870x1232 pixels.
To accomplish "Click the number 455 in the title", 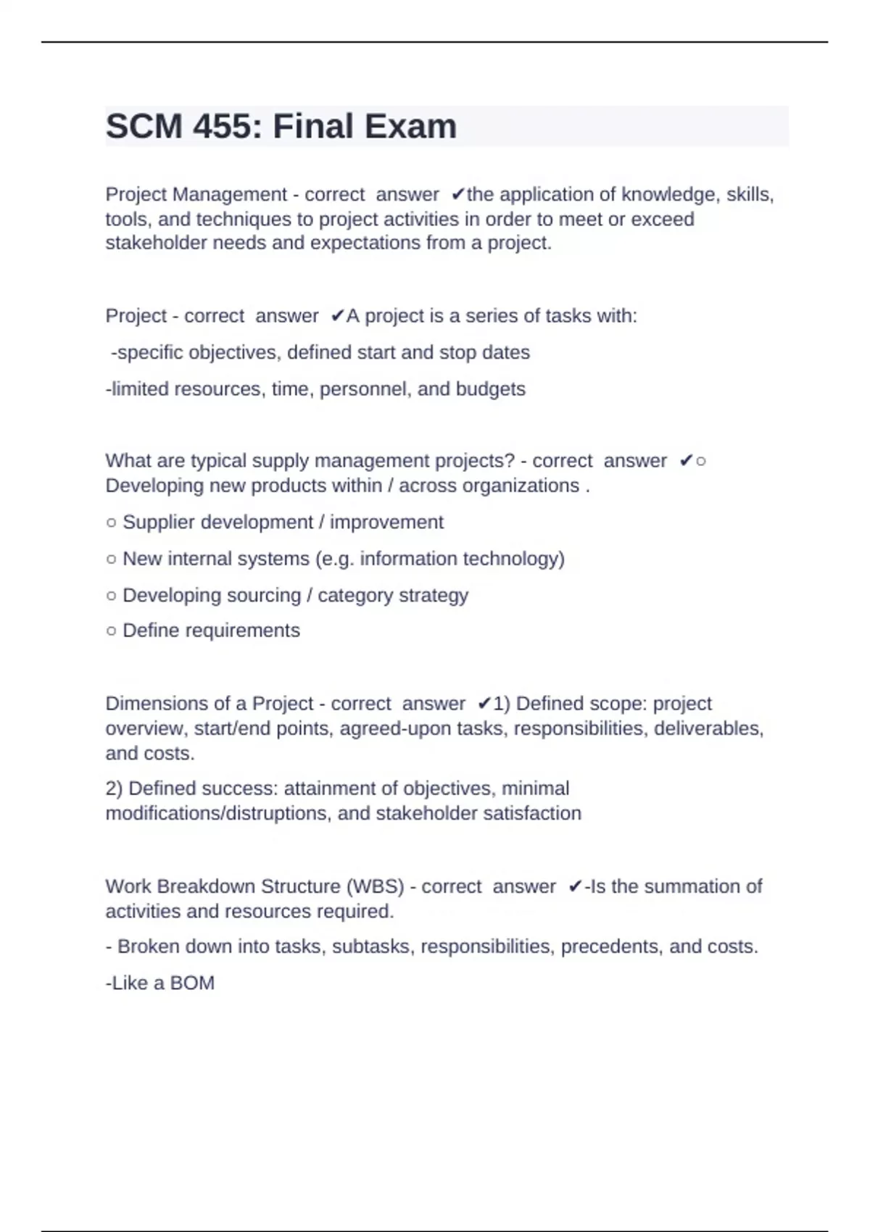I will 223,127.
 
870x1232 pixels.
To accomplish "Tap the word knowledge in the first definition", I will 666,195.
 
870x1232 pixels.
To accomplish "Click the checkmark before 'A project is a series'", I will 337,316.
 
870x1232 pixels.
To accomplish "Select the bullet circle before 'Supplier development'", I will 111,523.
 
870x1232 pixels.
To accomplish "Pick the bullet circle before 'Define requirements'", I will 111,631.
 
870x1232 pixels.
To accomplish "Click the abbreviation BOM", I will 192,983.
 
